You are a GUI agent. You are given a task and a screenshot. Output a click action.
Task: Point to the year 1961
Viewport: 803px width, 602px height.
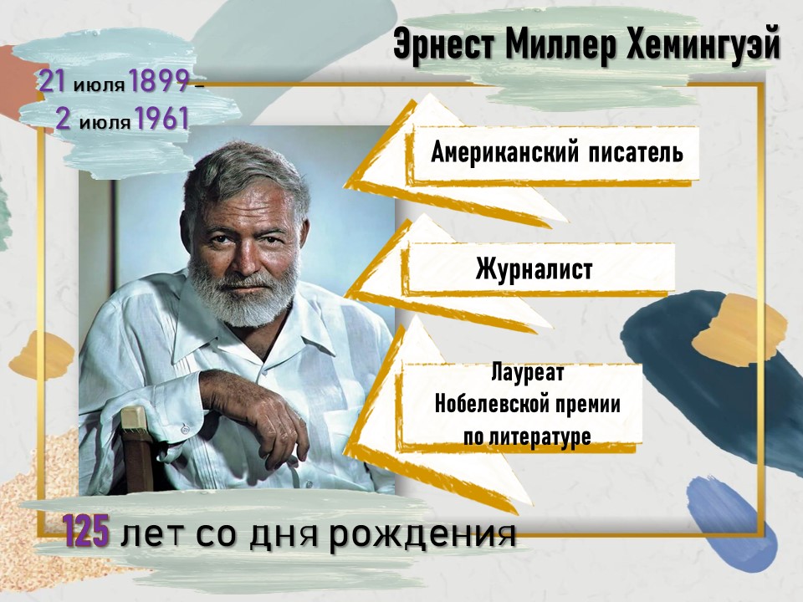coord(161,119)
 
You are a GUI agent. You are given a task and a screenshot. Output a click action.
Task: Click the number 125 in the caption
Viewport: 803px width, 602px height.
coord(86,531)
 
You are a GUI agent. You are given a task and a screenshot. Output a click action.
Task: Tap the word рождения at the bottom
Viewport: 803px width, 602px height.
coord(422,534)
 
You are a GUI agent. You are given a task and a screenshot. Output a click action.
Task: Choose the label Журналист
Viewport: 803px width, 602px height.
coord(534,269)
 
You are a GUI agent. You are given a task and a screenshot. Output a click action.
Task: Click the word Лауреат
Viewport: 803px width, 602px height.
coord(527,372)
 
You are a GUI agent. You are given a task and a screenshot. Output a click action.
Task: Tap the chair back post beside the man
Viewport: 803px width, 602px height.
coord(136,451)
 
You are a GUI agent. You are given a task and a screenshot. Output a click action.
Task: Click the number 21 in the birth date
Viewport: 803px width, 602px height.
coord(52,81)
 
